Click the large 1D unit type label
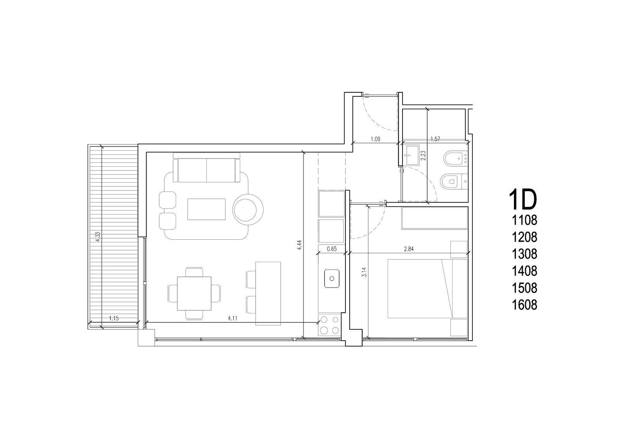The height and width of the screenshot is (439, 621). point(523,200)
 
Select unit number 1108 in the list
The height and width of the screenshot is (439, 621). point(524,220)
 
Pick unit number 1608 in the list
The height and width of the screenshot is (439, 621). point(524,305)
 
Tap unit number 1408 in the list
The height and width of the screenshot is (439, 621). point(524,271)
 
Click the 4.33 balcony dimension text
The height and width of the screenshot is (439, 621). point(97,237)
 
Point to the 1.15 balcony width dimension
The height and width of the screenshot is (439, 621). point(114,318)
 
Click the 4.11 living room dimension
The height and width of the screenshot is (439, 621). point(232,318)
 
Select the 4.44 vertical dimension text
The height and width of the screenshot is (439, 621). point(299,245)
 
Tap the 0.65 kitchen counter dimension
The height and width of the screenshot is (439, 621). point(332,249)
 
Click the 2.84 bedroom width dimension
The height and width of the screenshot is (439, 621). point(409,249)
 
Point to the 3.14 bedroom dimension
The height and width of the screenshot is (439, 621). point(364,272)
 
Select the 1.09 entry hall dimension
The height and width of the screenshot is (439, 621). point(375,139)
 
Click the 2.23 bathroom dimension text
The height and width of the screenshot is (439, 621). point(423,156)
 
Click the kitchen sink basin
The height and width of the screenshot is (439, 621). point(332,278)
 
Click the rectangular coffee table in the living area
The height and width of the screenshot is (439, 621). point(206,209)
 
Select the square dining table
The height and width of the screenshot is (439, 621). point(194,294)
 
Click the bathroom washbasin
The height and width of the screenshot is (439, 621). point(412,155)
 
